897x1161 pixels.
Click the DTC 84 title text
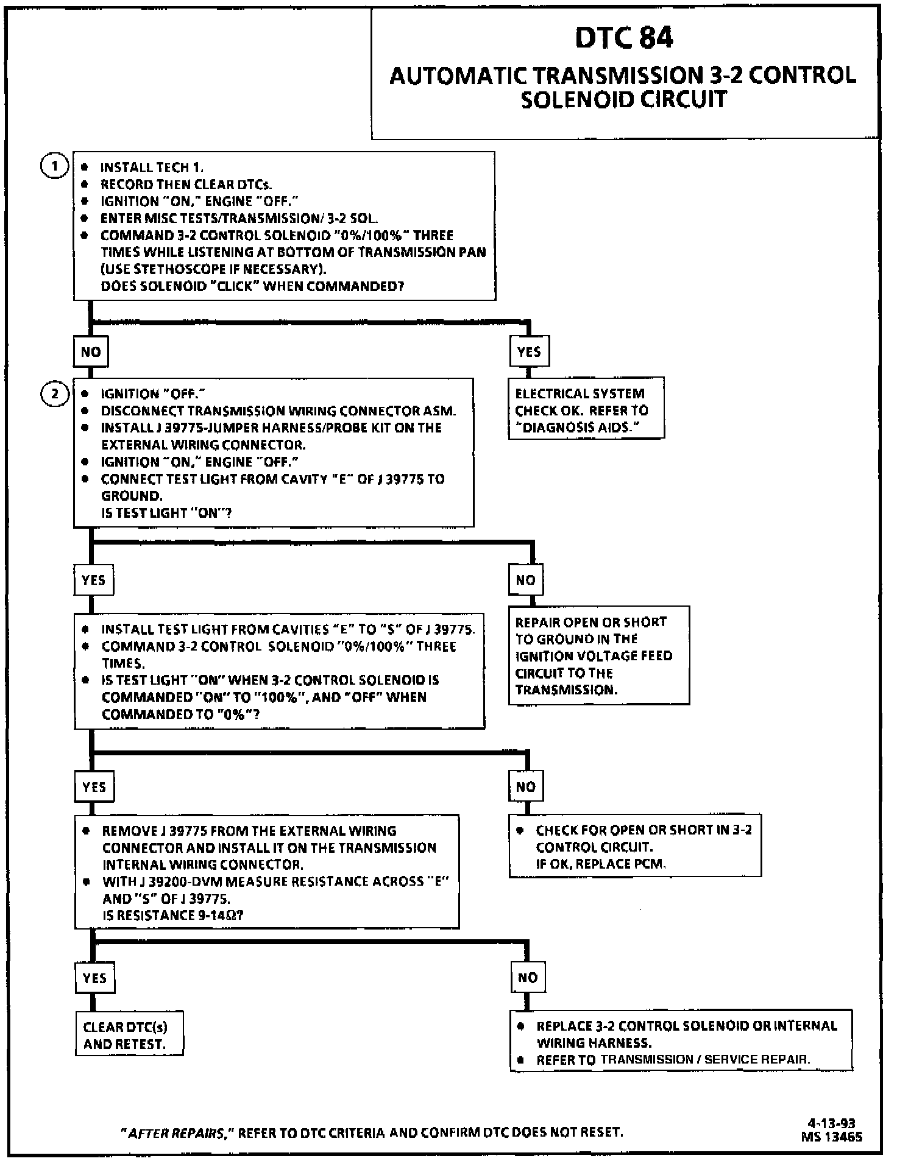click(624, 38)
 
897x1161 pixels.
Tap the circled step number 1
click(54, 166)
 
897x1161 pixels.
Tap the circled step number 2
click(54, 394)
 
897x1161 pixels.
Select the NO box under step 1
click(91, 351)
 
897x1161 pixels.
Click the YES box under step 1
click(529, 351)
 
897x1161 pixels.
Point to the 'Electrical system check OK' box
click(586, 410)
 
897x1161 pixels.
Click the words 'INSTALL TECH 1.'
click(152, 168)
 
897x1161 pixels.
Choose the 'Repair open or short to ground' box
click(598, 655)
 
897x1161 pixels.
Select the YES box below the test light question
click(93, 580)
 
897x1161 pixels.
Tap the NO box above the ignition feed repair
click(525, 580)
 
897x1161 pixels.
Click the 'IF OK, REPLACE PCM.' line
click(601, 864)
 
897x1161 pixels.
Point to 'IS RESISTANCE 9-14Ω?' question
click(173, 915)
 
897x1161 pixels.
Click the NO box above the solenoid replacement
click(527, 978)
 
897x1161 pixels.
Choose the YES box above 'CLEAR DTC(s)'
click(94, 978)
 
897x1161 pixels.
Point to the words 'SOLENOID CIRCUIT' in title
click(624, 99)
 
